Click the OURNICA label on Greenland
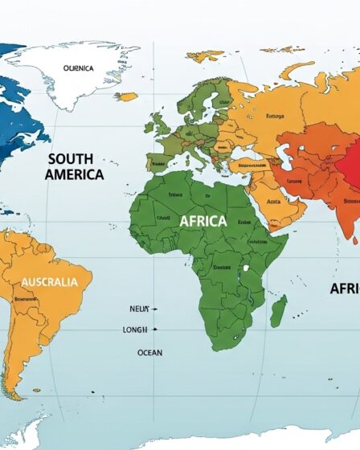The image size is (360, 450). pos(78,68)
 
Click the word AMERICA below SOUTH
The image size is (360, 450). pos(74,174)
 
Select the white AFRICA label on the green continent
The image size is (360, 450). pos(203,220)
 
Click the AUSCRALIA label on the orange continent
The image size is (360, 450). pos(49,282)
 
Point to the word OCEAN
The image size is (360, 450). pos(149,352)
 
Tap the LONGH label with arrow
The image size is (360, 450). pos(135,329)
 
